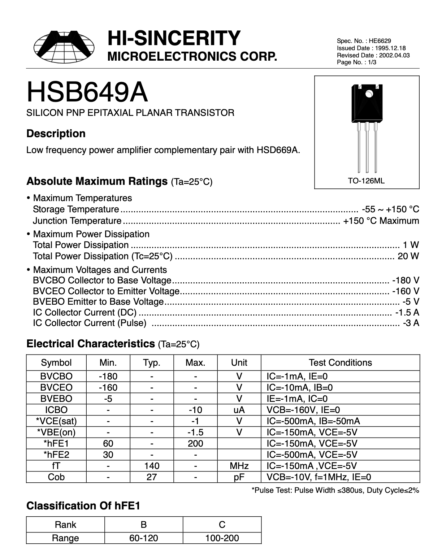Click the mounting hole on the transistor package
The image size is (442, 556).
pyautogui.click(x=369, y=95)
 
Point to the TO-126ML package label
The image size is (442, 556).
pyautogui.click(x=366, y=181)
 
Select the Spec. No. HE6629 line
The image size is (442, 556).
pyautogui.click(x=364, y=41)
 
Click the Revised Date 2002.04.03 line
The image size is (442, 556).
pyautogui.click(x=373, y=55)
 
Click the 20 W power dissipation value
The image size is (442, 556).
pyautogui.click(x=408, y=256)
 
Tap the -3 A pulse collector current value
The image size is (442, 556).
pyautogui.click(x=411, y=323)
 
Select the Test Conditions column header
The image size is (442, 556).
pyautogui.click(x=340, y=362)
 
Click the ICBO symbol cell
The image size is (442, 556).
pyautogui.click(x=56, y=410)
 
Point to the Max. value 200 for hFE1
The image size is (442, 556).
pyautogui.click(x=195, y=443)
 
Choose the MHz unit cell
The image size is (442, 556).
pyautogui.click(x=239, y=466)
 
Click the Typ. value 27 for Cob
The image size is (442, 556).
pyautogui.click(x=152, y=477)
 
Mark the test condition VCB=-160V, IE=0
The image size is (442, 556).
pyautogui.click(x=303, y=410)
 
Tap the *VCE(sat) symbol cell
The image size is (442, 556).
pyautogui.click(x=56, y=421)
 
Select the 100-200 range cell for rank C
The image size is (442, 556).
pyautogui.click(x=222, y=538)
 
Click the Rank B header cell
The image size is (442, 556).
pyautogui.click(x=144, y=525)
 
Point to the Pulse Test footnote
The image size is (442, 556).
pyautogui.click(x=335, y=490)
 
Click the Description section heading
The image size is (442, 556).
pyautogui.click(x=56, y=134)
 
